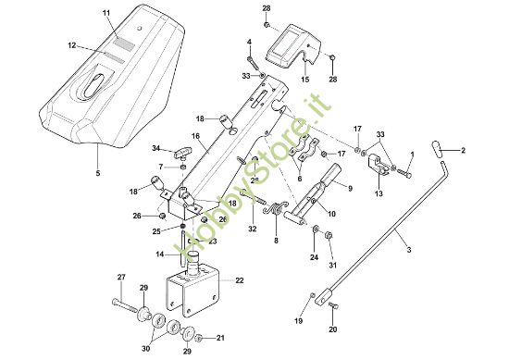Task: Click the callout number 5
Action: [x=97, y=172]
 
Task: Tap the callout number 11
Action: [x=106, y=12]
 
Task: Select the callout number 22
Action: [x=240, y=280]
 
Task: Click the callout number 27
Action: [x=120, y=278]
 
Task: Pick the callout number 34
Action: [x=156, y=147]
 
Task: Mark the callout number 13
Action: [x=378, y=194]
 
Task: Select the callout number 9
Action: [x=350, y=188]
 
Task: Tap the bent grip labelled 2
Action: [x=440, y=146]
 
